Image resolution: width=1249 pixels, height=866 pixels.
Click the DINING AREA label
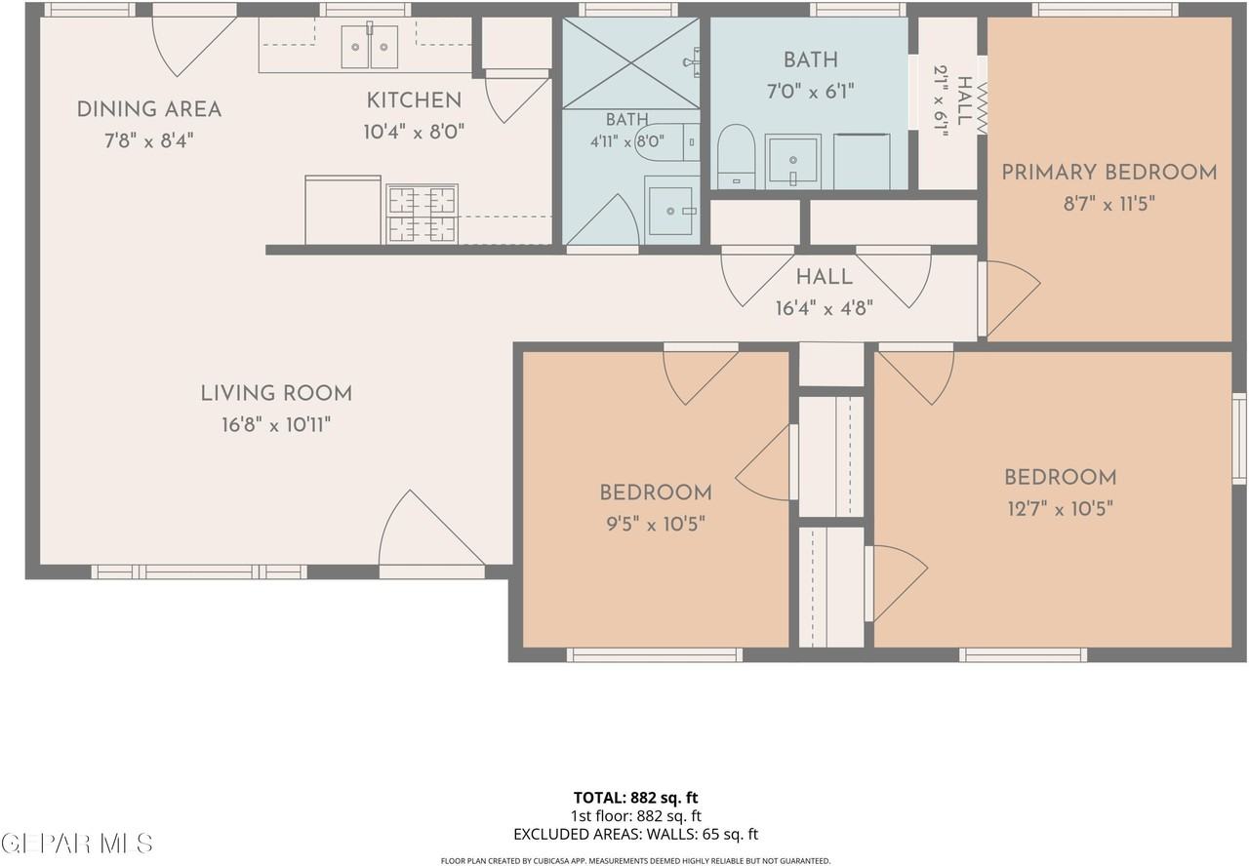[149, 109]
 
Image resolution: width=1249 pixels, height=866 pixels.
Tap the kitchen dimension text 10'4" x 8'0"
[414, 132]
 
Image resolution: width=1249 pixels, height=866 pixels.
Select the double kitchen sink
[370, 47]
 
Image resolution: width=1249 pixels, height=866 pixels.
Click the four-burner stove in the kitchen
[423, 214]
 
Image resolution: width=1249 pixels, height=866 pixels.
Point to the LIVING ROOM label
[276, 393]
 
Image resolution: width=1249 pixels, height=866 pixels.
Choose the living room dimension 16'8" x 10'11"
[276, 425]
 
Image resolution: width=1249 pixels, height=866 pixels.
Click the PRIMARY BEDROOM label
[1109, 173]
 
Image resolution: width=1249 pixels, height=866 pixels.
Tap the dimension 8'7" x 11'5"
[1109, 204]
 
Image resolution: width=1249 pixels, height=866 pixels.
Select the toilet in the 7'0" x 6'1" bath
[736, 157]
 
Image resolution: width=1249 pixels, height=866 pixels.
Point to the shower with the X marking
[630, 63]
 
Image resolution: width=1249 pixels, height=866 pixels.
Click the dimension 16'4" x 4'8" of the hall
[825, 308]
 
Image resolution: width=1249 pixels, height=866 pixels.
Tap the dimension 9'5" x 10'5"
[656, 524]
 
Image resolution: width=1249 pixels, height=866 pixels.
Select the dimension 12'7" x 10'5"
[1060, 508]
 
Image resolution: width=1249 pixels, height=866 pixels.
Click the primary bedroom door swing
[1009, 298]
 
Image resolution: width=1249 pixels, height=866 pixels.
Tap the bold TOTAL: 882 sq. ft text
[635, 798]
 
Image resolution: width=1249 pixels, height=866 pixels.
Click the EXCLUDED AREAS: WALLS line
[635, 834]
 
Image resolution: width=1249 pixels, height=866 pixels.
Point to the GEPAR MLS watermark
[77, 844]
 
